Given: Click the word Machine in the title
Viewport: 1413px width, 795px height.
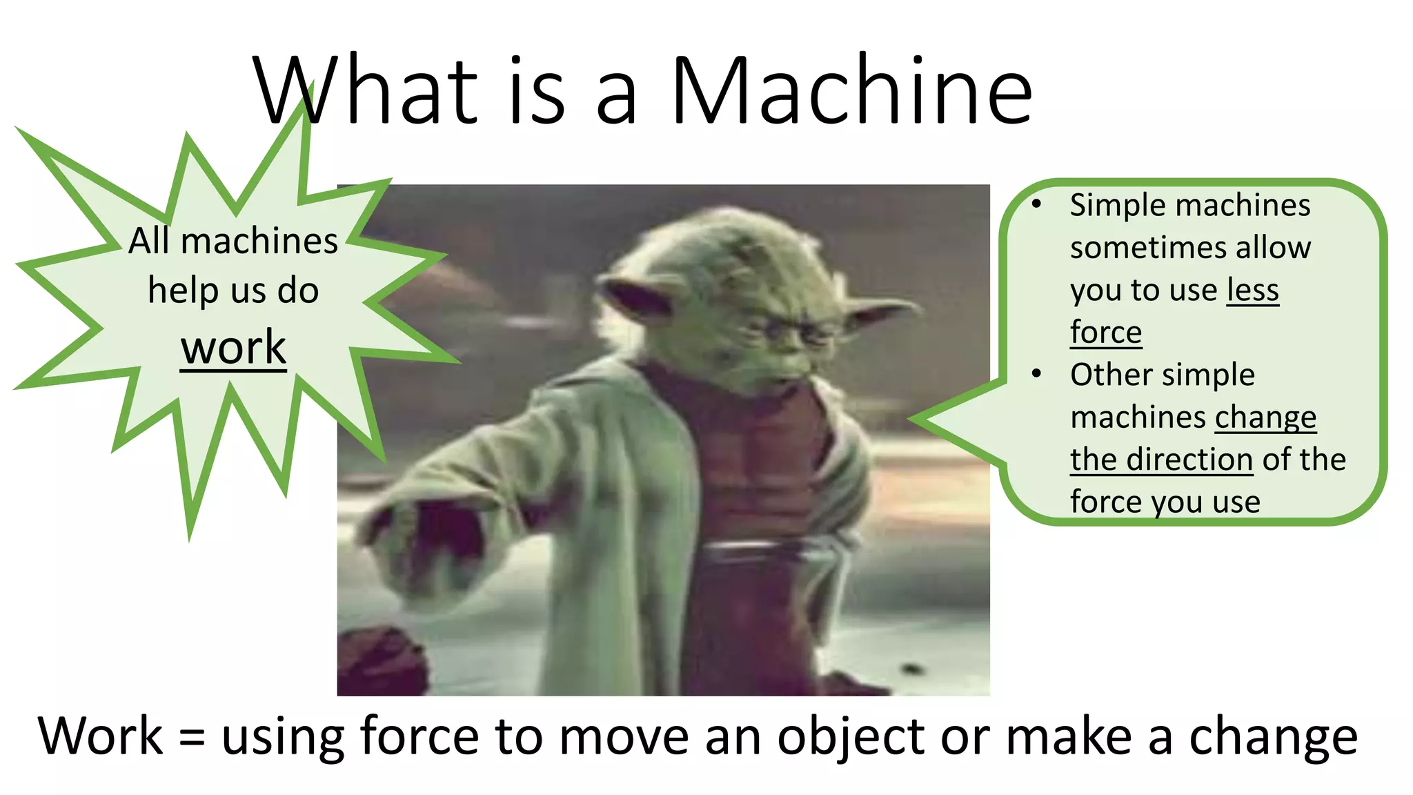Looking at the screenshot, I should tap(851, 91).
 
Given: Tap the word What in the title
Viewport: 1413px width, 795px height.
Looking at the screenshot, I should tap(366, 91).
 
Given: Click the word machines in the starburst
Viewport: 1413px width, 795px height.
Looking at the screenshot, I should tap(259, 241).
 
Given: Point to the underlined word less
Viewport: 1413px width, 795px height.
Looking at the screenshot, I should tap(1252, 290).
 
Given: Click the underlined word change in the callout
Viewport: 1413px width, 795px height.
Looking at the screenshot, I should tap(1265, 418).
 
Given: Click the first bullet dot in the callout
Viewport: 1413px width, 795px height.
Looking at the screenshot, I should tap(1036, 204).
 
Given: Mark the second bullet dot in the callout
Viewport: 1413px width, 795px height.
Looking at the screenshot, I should tap(1036, 373).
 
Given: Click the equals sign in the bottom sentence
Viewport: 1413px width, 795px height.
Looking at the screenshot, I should tap(192, 738).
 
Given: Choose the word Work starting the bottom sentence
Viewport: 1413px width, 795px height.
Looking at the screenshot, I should tap(100, 736).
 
